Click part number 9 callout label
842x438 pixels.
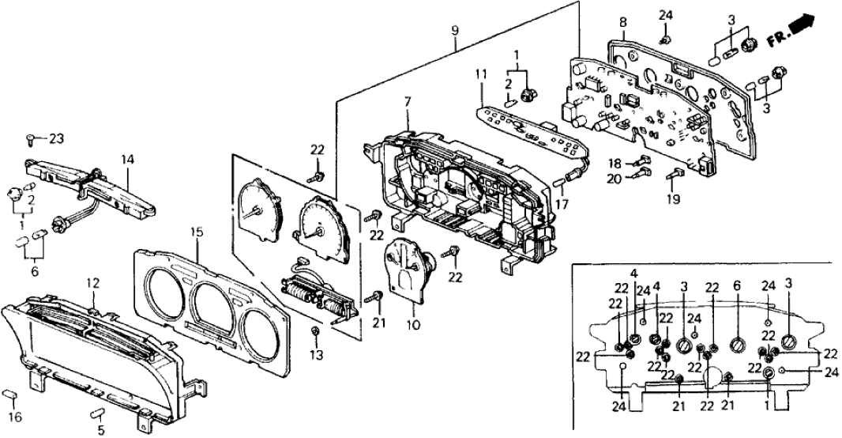pos(455,31)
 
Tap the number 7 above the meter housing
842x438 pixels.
pos(408,104)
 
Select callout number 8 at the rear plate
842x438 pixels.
pos(622,21)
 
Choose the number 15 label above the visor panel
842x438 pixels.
pos(197,232)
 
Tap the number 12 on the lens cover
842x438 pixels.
pos(92,282)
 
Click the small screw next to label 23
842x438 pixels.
pos(31,139)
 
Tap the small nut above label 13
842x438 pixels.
pos(315,328)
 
